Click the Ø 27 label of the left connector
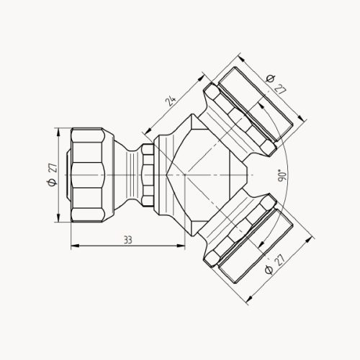[x=50, y=175]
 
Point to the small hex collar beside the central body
[x=147, y=176]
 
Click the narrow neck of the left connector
[x=127, y=176]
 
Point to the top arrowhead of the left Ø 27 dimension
[x=58, y=130]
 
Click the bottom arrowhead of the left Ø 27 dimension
[x=58, y=221]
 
